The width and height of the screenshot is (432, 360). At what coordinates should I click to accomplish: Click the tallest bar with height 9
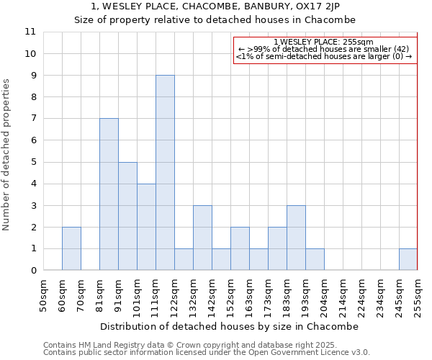[x=165, y=173]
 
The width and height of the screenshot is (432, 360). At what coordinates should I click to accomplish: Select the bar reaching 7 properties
[x=109, y=194]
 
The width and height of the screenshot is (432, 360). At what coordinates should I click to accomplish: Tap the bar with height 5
[x=127, y=216]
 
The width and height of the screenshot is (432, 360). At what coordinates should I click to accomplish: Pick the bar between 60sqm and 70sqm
[x=71, y=248]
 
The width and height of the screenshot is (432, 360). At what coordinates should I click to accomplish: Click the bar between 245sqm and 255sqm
[x=408, y=259]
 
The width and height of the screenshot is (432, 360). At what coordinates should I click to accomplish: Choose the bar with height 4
[x=146, y=227]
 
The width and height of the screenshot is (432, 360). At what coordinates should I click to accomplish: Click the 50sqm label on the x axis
[x=43, y=295]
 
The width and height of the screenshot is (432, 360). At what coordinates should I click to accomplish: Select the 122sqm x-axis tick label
[x=174, y=295]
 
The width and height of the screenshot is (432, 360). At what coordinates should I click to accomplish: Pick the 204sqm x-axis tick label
[x=324, y=295]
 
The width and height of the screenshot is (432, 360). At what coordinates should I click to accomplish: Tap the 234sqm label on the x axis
[x=380, y=295]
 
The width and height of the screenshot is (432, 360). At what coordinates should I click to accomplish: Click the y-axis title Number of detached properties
[x=7, y=155]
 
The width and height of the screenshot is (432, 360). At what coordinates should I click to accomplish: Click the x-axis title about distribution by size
[x=229, y=326]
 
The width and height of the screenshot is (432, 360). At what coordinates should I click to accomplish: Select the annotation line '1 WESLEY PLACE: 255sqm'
[x=324, y=42]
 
